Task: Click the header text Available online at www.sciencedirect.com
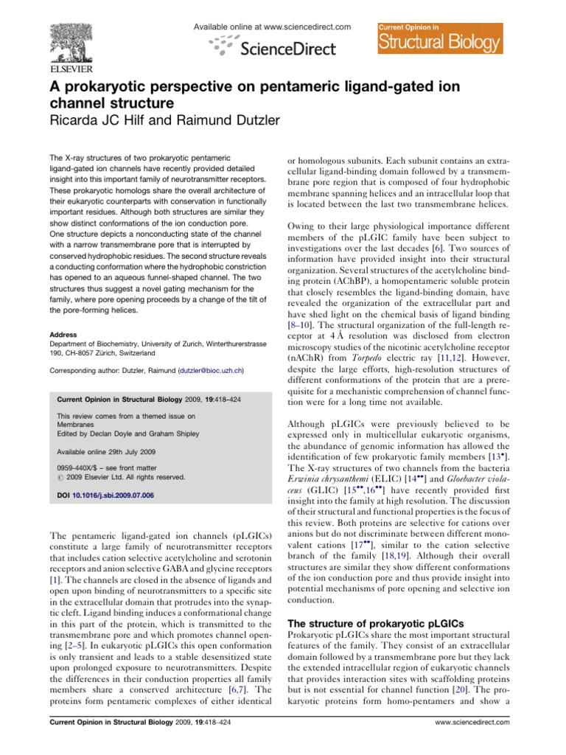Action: pyautogui.click(x=271, y=27)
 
